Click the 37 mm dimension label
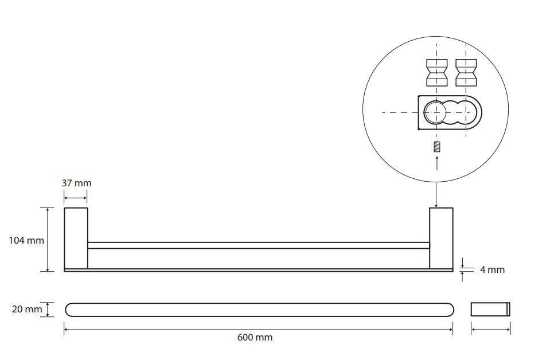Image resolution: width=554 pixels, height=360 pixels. tap(76, 183)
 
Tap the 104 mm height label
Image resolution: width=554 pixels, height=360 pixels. tap(26, 240)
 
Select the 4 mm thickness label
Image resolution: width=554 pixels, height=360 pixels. tap(492, 269)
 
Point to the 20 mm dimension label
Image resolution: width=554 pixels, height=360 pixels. tap(27, 309)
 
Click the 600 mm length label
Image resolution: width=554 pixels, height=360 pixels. tap(255, 337)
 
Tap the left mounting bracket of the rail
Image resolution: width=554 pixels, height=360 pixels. tap(76, 238)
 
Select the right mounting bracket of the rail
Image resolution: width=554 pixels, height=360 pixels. tap(441, 238)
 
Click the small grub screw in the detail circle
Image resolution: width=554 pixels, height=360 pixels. tap(437, 146)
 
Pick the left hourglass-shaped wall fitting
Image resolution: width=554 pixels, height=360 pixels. tap(437, 72)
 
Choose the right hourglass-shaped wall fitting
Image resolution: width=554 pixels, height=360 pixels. tap(466, 72)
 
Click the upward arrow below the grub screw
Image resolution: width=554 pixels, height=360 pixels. tap(437, 163)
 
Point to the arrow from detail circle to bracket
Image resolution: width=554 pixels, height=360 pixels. tap(436, 195)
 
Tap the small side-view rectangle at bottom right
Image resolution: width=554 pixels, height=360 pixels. tap(490, 309)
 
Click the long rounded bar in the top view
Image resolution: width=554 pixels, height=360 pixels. tap(259, 310)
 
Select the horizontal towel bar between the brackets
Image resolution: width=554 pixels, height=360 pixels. tap(259, 245)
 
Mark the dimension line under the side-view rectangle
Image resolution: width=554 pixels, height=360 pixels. tap(490, 330)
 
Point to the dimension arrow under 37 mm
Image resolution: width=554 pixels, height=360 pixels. tap(76, 198)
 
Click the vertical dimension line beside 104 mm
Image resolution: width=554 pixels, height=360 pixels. tap(48, 240)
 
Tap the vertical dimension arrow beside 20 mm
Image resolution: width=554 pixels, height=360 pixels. tap(48, 310)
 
